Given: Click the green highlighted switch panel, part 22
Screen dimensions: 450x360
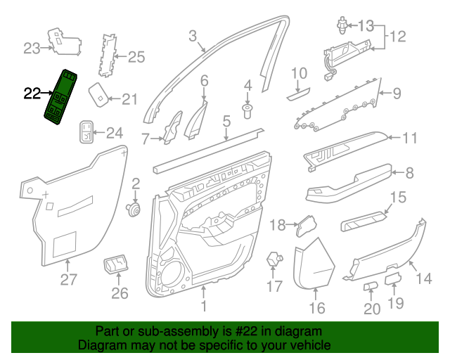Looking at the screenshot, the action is [60, 97].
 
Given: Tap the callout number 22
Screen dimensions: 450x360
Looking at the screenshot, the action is [32, 94].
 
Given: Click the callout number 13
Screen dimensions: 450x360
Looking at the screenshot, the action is [366, 26].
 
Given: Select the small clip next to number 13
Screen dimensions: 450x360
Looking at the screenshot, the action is [342, 25].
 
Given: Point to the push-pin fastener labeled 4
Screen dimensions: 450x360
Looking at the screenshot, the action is [247, 111].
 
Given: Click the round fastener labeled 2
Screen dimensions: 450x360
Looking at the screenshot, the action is [134, 210].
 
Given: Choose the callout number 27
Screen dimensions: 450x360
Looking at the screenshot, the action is [68, 279].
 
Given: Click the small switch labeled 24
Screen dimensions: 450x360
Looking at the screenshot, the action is [86, 131].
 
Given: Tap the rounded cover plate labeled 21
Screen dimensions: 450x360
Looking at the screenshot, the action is [98, 95].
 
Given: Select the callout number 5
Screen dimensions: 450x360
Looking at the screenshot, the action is [226, 121].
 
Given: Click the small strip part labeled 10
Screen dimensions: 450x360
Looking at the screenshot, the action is [298, 94].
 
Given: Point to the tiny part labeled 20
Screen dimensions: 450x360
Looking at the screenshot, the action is [371, 286].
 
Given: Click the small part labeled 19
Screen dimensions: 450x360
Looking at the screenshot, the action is [393, 278].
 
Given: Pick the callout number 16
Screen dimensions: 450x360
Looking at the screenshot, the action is [317, 308].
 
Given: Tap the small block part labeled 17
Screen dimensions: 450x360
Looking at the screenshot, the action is [274, 258].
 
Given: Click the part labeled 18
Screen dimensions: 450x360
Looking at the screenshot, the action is [307, 226].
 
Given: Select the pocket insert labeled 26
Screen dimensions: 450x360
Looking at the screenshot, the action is [115, 264].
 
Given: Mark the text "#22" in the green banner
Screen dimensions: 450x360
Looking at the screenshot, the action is [244, 331].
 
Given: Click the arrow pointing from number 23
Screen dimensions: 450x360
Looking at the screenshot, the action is [47, 48].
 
